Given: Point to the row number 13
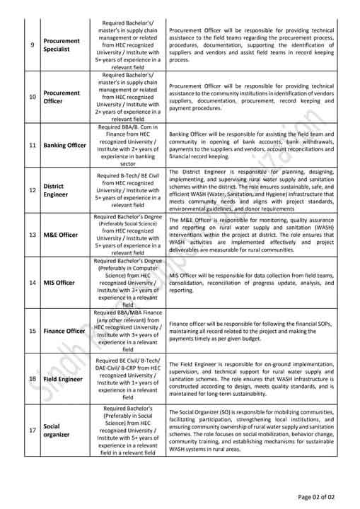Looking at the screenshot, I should point(32,235).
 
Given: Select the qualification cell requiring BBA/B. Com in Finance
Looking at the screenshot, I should point(129,145).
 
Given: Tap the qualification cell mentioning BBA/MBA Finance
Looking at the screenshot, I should point(129,331).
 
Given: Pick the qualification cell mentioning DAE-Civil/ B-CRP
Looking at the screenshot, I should point(129,379).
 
